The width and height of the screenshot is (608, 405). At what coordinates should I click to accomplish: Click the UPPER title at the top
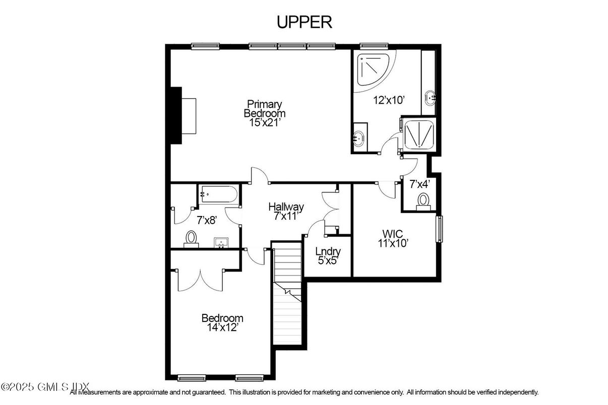coord(304,22)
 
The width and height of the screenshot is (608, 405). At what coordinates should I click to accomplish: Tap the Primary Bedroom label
coord(263,108)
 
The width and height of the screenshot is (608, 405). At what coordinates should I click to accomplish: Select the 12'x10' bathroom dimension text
coord(388,100)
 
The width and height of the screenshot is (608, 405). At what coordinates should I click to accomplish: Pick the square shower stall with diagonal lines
coord(417,133)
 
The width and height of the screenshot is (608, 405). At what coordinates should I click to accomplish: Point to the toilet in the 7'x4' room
coord(423,201)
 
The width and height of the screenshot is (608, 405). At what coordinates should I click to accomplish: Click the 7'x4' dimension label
coord(419,184)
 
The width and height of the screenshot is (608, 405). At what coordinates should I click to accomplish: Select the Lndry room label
coord(328,252)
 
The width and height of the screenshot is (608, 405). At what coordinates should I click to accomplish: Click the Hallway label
coord(286,207)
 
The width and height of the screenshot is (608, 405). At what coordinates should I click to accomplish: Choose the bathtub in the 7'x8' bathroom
coord(218,194)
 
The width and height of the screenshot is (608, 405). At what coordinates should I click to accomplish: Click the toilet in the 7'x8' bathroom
coord(191,238)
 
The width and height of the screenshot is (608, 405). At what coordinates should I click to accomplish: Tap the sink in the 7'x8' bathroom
coord(221,243)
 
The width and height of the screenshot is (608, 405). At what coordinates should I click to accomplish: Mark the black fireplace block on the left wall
coord(175,115)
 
